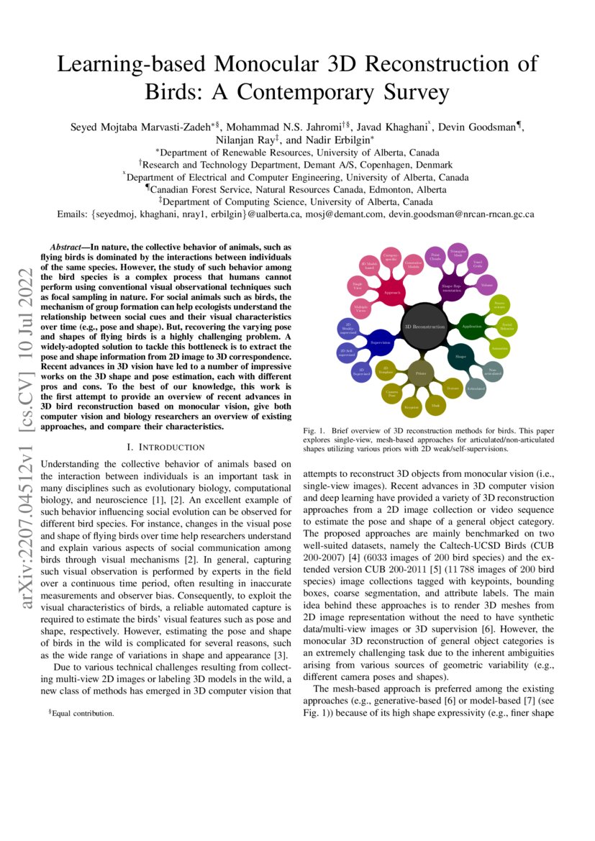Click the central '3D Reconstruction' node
[x=424, y=326]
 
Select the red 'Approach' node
[x=392, y=293]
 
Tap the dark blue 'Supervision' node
[x=380, y=342]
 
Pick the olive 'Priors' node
[x=420, y=373]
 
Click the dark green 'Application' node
[x=472, y=326]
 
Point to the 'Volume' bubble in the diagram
[x=487, y=285]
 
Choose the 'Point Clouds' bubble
[x=435, y=257]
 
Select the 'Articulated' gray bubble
[x=476, y=388]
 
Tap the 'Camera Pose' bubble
[x=392, y=394]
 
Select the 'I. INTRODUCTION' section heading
[x=165, y=447]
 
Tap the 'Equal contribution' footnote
[x=81, y=714]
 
